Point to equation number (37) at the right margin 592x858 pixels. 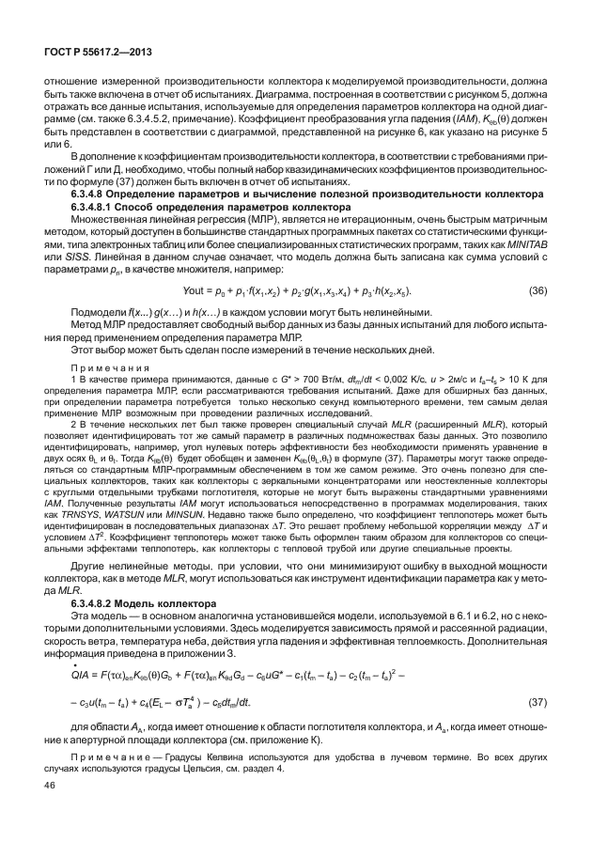[x=537, y=701]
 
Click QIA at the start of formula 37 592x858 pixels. [x=69, y=674]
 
